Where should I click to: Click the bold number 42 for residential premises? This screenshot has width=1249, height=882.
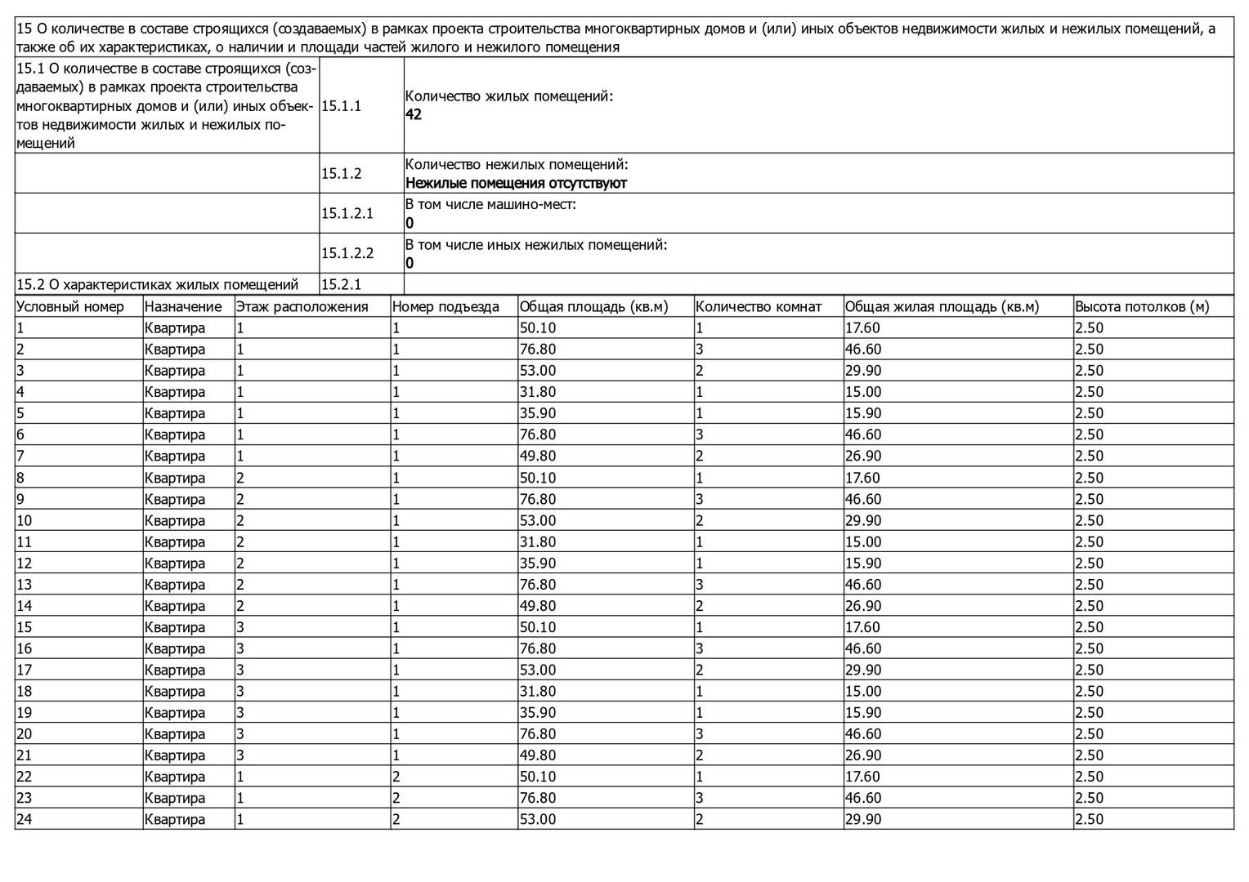coord(414,115)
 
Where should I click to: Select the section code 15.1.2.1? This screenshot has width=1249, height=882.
coord(347,213)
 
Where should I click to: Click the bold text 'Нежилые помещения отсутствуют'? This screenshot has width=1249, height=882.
coord(516,183)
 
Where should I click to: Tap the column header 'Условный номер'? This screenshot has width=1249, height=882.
coord(70,307)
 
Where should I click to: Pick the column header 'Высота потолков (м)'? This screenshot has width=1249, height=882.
coord(1141,307)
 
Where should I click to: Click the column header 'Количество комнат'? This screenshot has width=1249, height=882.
coord(758,307)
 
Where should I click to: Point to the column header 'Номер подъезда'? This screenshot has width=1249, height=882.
coord(445,307)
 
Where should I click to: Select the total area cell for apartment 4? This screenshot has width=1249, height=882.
coord(538,392)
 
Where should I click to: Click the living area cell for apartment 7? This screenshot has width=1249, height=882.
coord(862,456)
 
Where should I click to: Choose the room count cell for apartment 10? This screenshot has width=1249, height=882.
coord(700,520)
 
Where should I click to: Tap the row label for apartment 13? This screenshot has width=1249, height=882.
coord(24,585)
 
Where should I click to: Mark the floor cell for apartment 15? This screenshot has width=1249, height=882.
coord(240,627)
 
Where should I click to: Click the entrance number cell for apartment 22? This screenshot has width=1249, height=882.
coord(396,777)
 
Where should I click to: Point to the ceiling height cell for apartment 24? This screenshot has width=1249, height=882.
coord(1089,819)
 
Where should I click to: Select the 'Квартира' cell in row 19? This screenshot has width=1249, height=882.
coord(175,713)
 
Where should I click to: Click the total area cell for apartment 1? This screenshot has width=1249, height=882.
coord(538,328)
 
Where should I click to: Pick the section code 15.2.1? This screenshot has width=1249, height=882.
coord(341,284)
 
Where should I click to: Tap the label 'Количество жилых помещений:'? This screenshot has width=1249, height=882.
coord(508,96)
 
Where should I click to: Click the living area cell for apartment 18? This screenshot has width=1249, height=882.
coord(862,692)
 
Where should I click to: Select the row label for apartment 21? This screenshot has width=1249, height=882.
coord(24,755)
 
